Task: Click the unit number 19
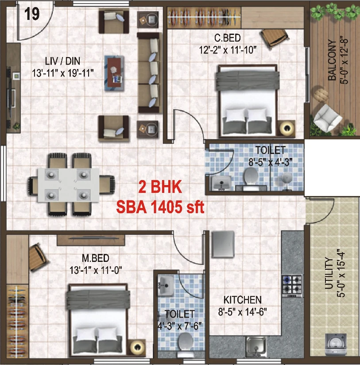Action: coord(32,14)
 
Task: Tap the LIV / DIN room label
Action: coord(62,61)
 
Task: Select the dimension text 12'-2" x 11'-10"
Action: coord(228,50)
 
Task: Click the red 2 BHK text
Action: coord(160,187)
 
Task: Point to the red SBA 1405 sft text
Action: coord(160,207)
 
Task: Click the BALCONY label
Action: coord(332,60)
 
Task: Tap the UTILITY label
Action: coord(329,273)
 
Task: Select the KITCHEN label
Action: coord(242,300)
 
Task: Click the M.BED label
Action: coord(96,258)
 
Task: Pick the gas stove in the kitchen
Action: coord(292,286)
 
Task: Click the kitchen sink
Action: coord(256,346)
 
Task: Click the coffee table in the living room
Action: coord(114,73)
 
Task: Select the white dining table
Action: coord(69,185)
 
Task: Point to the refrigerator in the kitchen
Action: coord(223,244)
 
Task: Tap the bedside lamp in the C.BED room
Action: coord(287,128)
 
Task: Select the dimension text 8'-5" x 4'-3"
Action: coord(270,162)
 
